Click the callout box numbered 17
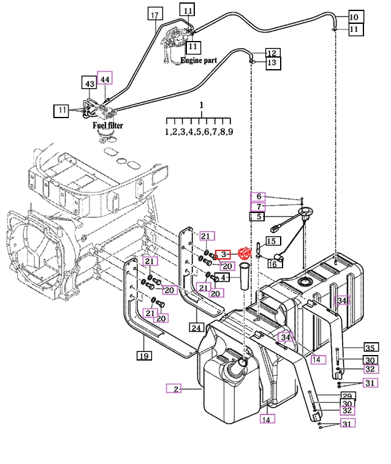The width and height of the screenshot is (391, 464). (x=154, y=15)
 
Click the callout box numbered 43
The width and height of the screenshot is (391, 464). (x=90, y=83)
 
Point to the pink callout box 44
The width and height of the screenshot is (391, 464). (x=105, y=79)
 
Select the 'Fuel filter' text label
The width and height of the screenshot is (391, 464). (x=108, y=125)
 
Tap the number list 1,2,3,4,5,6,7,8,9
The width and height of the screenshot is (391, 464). (x=199, y=132)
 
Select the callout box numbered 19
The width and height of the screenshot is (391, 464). (x=143, y=356)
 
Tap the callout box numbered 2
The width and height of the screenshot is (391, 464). (x=175, y=389)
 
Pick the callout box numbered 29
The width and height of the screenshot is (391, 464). (x=348, y=396)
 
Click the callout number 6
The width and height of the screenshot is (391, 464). (x=259, y=196)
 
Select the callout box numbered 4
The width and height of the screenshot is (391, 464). (x=224, y=277)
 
